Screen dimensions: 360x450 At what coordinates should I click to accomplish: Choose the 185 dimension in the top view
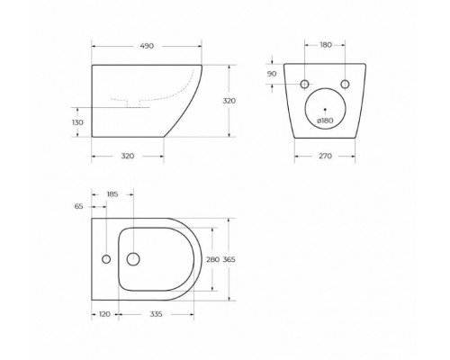[113, 193]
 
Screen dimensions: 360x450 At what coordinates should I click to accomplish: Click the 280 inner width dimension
[213, 258]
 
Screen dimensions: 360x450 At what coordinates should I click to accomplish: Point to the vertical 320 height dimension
[229, 101]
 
